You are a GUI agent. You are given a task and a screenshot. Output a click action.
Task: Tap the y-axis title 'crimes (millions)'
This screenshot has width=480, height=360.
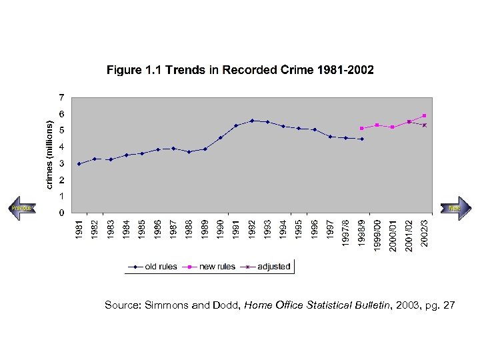point(49,154)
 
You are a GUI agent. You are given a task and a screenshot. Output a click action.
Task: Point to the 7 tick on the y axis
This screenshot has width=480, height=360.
point(61,97)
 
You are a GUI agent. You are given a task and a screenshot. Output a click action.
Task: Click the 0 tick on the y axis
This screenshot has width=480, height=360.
point(61,213)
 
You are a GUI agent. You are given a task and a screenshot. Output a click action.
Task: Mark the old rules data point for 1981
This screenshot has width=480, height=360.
point(79,163)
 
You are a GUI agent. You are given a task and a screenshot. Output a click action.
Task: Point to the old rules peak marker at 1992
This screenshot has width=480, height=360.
point(252,121)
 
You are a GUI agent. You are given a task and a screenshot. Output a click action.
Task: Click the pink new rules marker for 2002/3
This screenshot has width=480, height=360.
point(424,115)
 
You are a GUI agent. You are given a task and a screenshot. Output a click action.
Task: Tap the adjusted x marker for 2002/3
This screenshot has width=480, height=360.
point(424,125)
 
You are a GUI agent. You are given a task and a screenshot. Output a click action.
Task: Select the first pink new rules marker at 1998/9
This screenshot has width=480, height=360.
point(361,128)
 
